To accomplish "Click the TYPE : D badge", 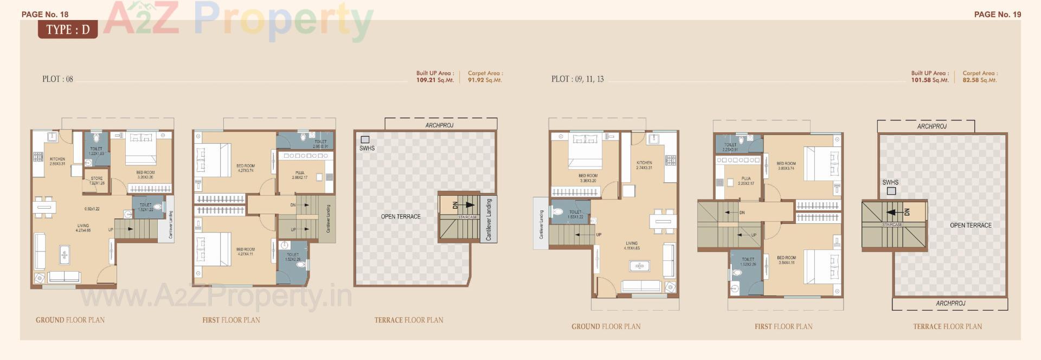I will pos(68,29).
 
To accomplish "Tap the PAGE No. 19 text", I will pos(997,15).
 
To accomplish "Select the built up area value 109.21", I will pos(426,80).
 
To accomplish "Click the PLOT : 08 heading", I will pos(57,79).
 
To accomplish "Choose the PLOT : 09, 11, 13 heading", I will pos(577,79).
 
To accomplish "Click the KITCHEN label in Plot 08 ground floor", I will pos(57,159).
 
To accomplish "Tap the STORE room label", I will pos(97,178).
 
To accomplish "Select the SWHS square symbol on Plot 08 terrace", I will pos(365,140).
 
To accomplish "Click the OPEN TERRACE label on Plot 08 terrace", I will pos(401,217).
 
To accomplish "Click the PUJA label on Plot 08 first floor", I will pos(300,173).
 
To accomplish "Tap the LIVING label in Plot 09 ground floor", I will pos(632,243).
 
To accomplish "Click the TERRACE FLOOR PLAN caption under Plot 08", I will pos(409,320).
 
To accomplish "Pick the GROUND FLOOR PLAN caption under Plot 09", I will pos(606,327).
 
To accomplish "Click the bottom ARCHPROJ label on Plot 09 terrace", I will pos(950,304).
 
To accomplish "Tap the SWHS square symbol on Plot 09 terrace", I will pos(891,191).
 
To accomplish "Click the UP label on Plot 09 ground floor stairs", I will pos(599,235).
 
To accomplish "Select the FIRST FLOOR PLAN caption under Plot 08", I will pos(231,320).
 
